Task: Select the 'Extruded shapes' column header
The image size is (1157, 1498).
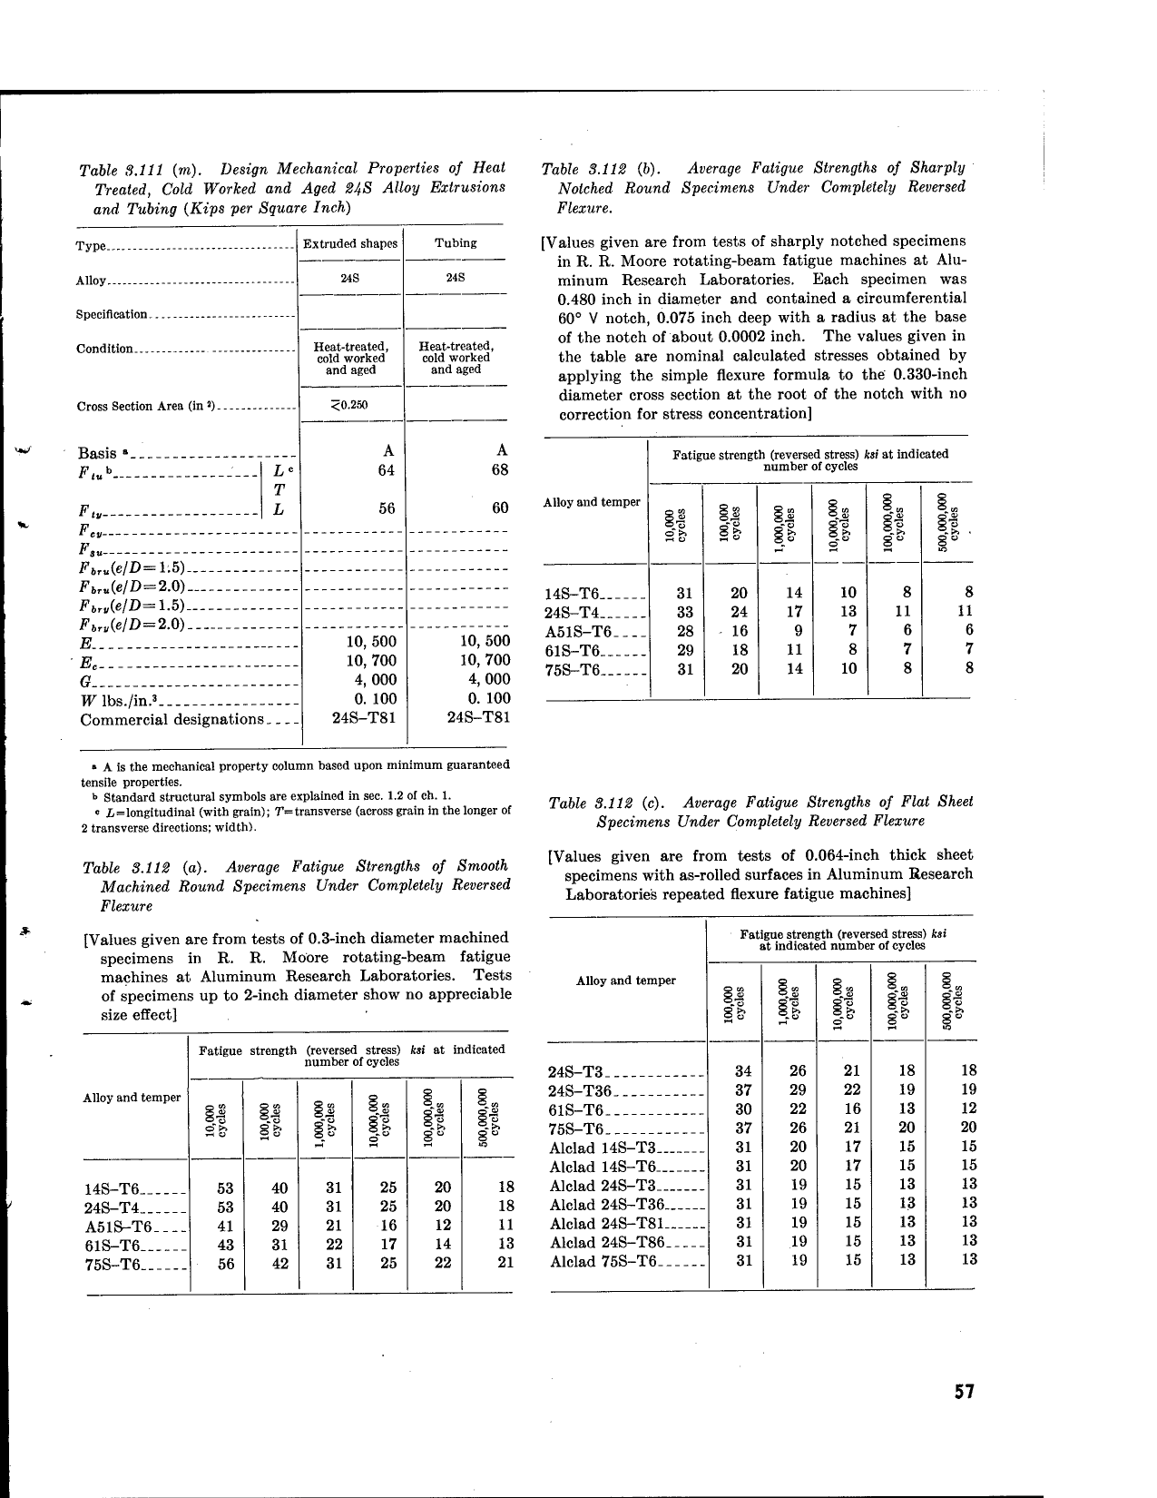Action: pos(350,243)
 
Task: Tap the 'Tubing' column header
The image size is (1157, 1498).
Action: pos(456,242)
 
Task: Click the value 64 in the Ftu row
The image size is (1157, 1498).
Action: pos(387,470)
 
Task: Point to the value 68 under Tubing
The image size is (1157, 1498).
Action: pos(499,470)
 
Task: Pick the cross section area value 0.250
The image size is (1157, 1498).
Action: pos(352,405)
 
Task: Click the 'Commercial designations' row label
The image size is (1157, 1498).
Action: pos(171,720)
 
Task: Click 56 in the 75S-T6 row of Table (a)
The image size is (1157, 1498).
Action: pos(226,1263)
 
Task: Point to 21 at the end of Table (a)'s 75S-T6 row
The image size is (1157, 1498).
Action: pos(506,1263)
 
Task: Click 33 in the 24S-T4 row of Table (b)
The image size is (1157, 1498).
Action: pos(686,612)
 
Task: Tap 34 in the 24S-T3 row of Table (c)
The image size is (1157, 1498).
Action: pos(742,1071)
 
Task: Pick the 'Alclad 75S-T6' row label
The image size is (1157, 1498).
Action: pos(603,1261)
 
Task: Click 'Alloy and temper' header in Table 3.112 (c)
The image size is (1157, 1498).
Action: pos(626,981)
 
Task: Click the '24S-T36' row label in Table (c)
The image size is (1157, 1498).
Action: pos(581,1090)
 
